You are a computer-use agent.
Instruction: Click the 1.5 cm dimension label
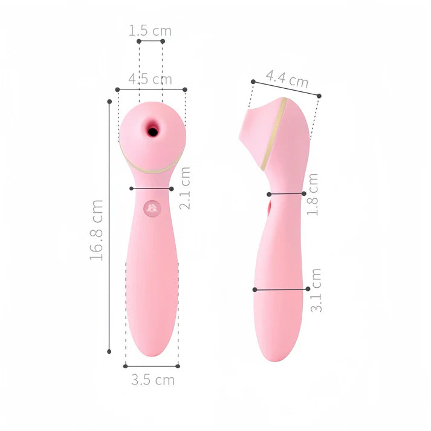(151, 30)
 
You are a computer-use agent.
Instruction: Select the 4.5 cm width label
(151, 79)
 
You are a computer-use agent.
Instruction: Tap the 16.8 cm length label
(97, 229)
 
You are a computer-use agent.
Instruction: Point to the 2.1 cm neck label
(186, 188)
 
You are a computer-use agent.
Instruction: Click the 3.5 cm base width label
(153, 380)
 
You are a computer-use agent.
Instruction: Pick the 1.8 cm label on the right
(313, 195)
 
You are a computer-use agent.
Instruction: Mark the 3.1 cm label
(316, 290)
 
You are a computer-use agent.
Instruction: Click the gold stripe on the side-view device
(274, 134)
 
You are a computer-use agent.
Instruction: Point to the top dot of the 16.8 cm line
(109, 102)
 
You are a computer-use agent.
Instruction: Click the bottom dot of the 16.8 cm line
(109, 351)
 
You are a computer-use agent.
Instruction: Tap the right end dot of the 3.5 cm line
(179, 366)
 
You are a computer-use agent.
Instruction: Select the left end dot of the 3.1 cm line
(254, 290)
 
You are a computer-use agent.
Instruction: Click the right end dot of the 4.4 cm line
(319, 96)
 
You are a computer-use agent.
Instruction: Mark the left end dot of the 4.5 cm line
(117, 89)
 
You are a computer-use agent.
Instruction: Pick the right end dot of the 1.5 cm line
(163, 41)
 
